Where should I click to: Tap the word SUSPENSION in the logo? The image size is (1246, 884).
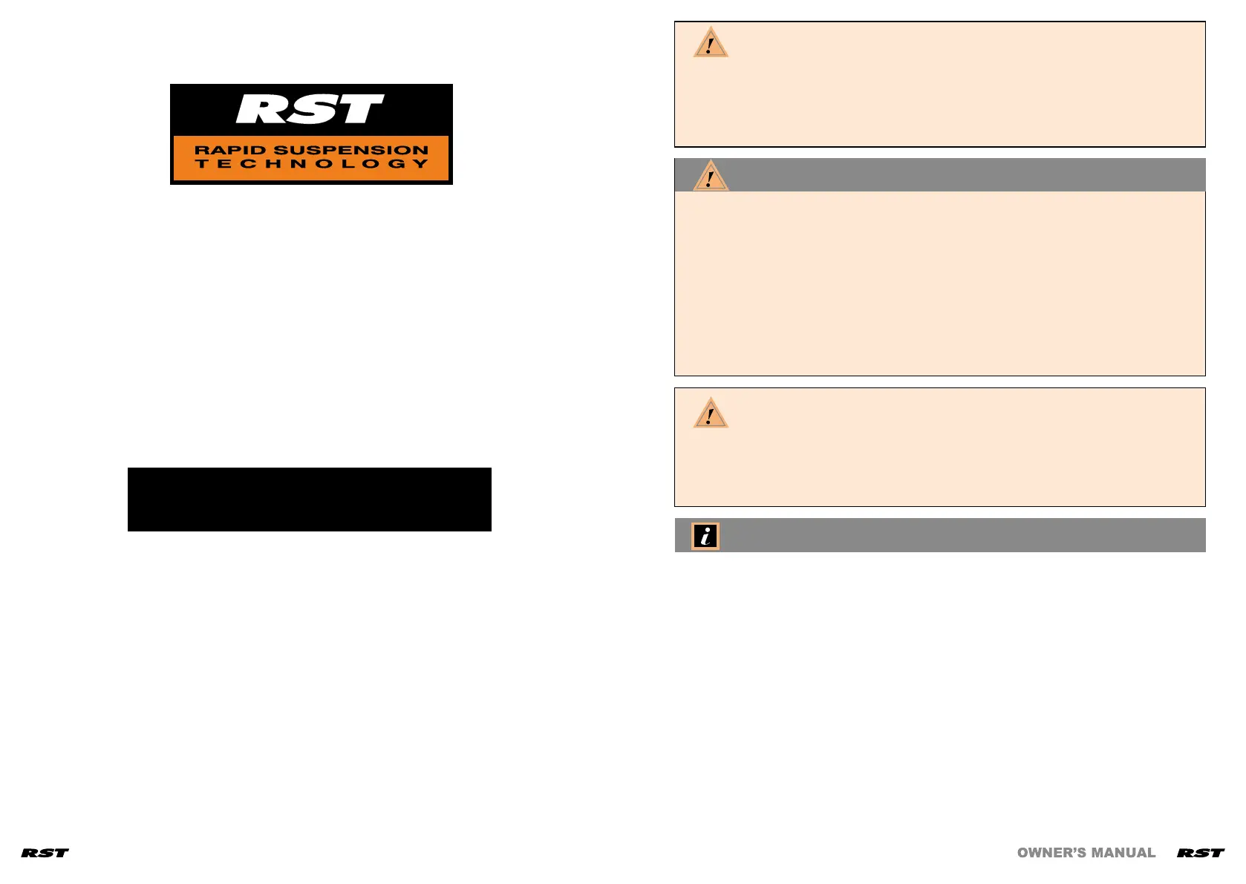[x=351, y=150]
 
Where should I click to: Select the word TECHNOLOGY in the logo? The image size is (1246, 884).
[x=312, y=164]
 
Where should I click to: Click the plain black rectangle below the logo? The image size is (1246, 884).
[x=309, y=499]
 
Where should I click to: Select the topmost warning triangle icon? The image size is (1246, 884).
[x=711, y=43]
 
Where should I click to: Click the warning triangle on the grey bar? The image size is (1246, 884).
[x=711, y=177]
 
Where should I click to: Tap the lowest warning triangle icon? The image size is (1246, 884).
[x=711, y=413]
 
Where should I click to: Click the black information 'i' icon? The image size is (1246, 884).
[x=705, y=536]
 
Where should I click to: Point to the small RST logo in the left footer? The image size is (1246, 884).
[x=45, y=853]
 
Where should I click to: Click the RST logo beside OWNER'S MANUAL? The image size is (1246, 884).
[x=1200, y=853]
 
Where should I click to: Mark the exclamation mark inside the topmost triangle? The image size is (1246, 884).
[x=710, y=46]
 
